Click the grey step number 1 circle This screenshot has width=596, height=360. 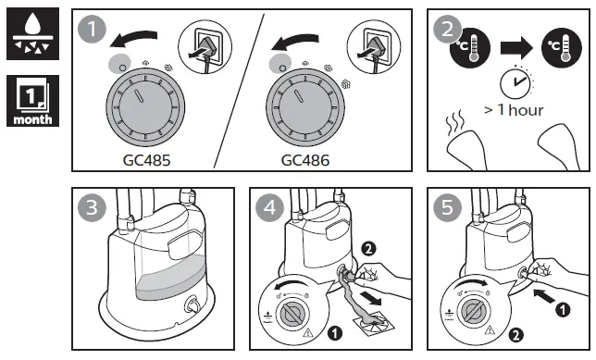(92, 29)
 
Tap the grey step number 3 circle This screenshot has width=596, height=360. (92, 207)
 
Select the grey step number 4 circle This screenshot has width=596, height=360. (269, 207)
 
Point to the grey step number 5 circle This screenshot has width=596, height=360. (447, 207)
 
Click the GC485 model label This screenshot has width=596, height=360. (147, 160)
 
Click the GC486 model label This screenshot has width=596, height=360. (305, 160)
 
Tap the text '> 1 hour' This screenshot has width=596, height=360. (514, 110)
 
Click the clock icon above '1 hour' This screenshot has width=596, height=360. (515, 82)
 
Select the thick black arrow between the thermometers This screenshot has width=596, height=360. (517, 47)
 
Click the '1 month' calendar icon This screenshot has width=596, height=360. (32, 101)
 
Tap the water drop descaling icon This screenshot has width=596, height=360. (32, 33)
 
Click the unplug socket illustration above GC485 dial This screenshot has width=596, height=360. (205, 47)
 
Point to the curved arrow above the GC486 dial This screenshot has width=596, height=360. (295, 41)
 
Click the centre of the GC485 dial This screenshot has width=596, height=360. (145, 107)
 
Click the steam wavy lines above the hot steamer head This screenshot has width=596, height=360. (455, 122)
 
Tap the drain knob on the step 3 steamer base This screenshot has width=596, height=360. (192, 305)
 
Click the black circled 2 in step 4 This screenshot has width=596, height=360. (368, 249)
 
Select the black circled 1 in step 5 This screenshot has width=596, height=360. (563, 310)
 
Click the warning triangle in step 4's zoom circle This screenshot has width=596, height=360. (307, 333)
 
